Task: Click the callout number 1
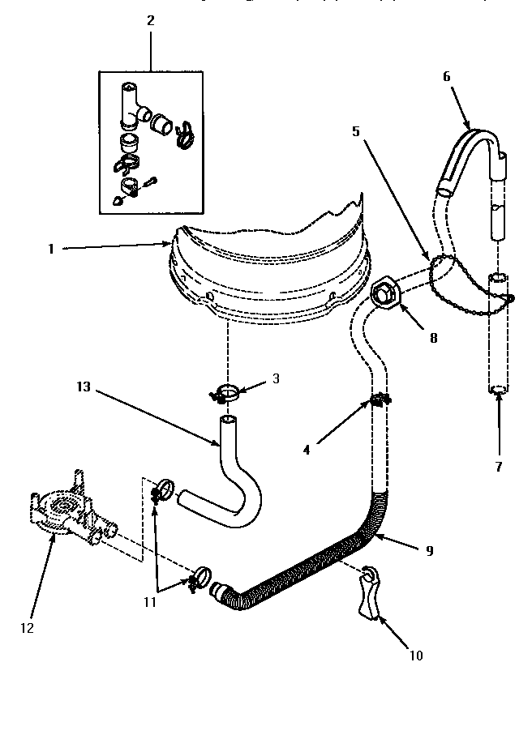[x=50, y=250]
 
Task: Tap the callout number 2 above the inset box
[x=150, y=20]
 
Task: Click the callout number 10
[x=417, y=655]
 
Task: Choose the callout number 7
[x=499, y=466]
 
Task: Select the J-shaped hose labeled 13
[x=235, y=486]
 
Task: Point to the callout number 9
[x=429, y=550]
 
